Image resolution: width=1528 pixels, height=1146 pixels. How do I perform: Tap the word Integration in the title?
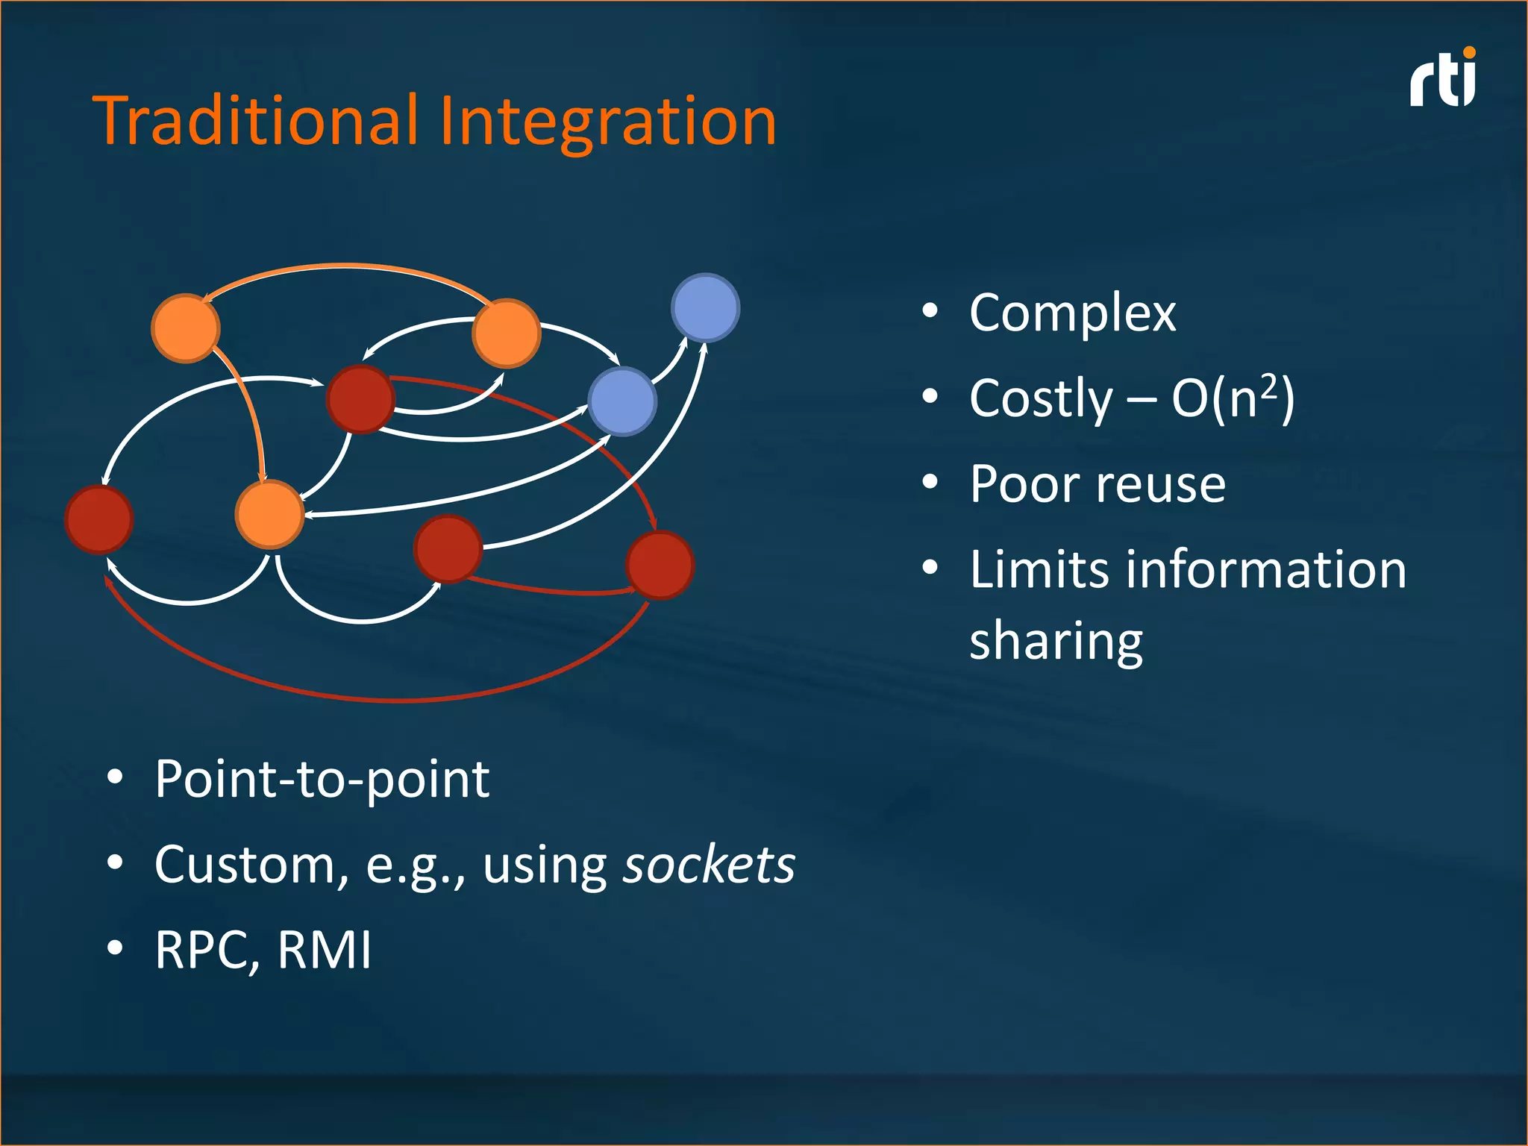(607, 122)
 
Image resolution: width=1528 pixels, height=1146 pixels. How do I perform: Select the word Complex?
(1072, 313)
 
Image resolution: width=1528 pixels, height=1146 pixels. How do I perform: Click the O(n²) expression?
(1232, 398)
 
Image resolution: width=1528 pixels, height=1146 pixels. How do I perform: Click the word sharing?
(1056, 642)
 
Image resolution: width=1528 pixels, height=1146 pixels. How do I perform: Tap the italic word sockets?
(709, 865)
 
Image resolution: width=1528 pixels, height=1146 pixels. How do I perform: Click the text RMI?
(324, 951)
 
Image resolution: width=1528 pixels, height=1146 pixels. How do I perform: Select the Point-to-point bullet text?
(322, 780)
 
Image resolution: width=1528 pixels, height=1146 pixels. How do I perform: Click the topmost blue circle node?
(705, 308)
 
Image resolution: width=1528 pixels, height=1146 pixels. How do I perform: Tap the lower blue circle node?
(621, 401)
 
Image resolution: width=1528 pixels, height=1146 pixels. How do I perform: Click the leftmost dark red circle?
(99, 519)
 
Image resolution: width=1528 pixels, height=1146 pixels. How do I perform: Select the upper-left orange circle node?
(185, 328)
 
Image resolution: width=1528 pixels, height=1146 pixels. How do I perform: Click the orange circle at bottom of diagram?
(269, 515)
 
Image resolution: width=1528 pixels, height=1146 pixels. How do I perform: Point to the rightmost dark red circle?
(660, 566)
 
